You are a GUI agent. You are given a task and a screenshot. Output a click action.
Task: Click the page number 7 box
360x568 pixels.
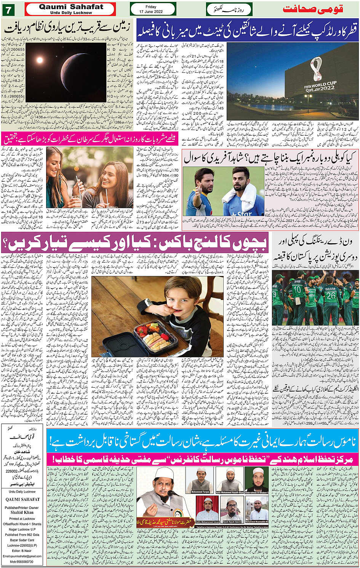tap(8, 9)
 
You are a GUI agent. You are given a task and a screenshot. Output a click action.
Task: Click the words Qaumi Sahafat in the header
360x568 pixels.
tap(71, 6)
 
